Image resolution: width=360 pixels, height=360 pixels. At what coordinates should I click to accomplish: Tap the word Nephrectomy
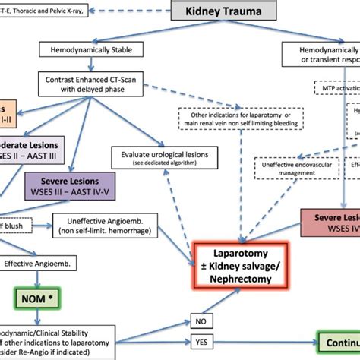click(x=242, y=279)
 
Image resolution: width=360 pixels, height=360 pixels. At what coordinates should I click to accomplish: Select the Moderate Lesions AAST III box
click(x=30, y=149)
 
